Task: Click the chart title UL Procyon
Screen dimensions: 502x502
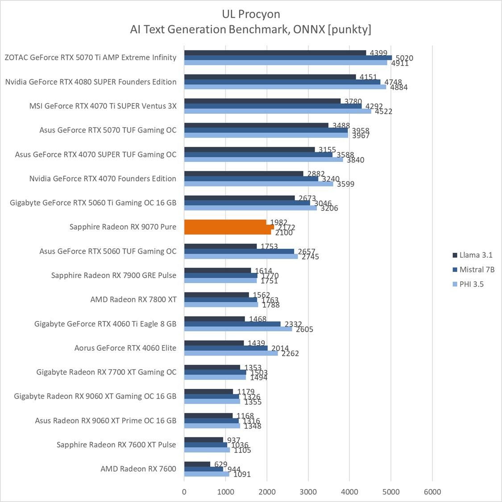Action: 251,14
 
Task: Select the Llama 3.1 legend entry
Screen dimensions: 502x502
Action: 476,255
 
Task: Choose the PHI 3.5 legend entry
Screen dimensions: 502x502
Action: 471,284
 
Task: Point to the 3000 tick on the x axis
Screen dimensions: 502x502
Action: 308,492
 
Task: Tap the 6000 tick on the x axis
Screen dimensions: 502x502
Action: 432,492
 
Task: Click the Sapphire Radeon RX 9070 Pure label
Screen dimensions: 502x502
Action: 123,227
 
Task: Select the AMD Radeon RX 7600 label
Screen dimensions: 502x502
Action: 138,469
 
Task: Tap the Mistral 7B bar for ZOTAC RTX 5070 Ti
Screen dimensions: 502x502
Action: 288,58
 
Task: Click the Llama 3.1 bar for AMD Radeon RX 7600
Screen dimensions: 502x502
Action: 197,464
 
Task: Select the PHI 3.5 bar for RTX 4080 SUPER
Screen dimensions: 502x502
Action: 285,87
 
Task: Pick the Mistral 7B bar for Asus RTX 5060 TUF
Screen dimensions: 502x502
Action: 239,251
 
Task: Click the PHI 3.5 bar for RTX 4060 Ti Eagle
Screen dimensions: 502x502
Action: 238,329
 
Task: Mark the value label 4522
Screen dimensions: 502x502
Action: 383,111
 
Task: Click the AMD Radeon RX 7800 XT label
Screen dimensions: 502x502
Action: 133,300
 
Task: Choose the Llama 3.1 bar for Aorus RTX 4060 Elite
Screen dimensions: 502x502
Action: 214,343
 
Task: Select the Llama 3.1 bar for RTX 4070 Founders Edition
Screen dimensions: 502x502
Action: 244,173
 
